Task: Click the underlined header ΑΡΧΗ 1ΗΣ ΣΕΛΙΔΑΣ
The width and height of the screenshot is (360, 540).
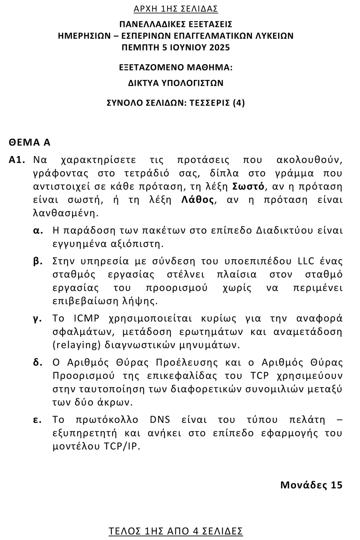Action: click(176, 8)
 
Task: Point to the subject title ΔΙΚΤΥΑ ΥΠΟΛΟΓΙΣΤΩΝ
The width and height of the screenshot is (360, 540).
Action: click(176, 83)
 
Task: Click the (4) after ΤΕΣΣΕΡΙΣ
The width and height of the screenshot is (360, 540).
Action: click(239, 103)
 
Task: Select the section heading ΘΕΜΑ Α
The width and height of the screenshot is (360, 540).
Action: click(29, 142)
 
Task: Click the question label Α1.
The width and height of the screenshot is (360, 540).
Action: click(17, 160)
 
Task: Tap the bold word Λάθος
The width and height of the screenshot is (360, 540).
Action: click(197, 200)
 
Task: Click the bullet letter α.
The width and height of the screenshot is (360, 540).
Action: click(38, 231)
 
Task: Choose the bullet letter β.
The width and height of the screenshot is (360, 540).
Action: click(38, 261)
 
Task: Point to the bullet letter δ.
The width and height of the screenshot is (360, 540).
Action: click(37, 363)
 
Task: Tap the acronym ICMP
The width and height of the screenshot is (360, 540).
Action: click(87, 318)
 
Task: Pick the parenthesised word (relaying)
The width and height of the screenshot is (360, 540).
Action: click(77, 345)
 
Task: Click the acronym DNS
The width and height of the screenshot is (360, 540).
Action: click(160, 419)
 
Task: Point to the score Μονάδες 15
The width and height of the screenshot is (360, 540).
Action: click(311, 485)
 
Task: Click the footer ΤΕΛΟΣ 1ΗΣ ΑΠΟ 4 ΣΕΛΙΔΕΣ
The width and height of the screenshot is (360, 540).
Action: click(176, 531)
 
